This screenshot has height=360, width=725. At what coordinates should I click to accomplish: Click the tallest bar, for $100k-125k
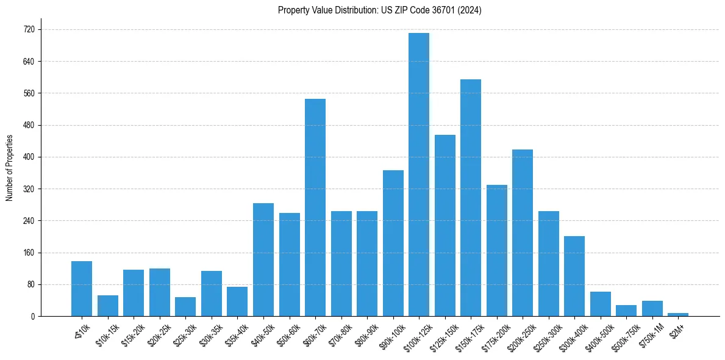pyautogui.click(x=419, y=175)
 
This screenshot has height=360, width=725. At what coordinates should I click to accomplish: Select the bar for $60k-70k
pyautogui.click(x=315, y=207)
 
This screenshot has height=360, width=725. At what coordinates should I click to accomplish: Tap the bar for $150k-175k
pyautogui.click(x=471, y=198)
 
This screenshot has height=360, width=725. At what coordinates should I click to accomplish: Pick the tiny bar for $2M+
pyautogui.click(x=678, y=314)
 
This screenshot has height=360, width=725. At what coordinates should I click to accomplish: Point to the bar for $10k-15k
pyautogui.click(x=108, y=306)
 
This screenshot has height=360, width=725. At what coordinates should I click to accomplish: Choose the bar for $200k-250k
pyautogui.click(x=523, y=232)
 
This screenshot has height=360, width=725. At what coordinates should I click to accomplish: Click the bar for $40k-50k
pyautogui.click(x=263, y=259)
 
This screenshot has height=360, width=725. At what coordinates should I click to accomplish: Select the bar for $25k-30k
pyautogui.click(x=185, y=306)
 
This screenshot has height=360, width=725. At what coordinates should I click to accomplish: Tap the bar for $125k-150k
pyautogui.click(x=445, y=225)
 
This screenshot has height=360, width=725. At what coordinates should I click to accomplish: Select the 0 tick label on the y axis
pyautogui.click(x=32, y=316)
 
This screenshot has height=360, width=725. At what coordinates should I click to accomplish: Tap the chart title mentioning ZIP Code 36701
pyautogui.click(x=379, y=10)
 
